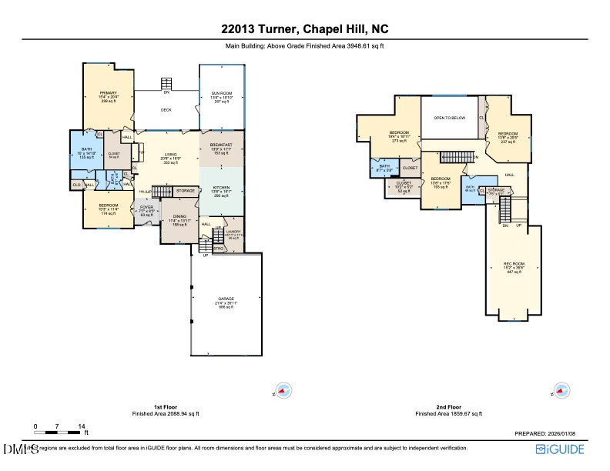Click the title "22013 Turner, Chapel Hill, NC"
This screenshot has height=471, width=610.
pos(304,31)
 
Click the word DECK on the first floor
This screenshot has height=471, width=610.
pos(166,110)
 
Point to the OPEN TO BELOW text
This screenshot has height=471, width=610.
pos(449,118)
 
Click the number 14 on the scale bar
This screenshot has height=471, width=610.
pos(81,426)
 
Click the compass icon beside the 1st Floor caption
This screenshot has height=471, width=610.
pos(283,390)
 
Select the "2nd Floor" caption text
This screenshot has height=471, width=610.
pos(448,407)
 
